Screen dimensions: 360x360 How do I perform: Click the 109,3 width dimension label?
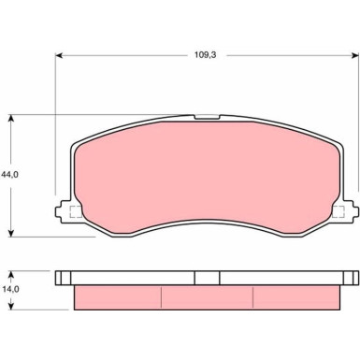205,55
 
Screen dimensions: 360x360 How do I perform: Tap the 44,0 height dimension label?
9,175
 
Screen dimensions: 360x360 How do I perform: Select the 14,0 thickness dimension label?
10,289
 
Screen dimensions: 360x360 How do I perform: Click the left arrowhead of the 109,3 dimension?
59,55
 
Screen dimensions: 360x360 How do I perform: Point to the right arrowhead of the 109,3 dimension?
354,55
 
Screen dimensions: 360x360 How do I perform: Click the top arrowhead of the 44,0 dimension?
11,119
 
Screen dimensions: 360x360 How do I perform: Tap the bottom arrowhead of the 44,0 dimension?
11,233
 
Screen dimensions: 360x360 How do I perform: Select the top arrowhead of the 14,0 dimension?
11,275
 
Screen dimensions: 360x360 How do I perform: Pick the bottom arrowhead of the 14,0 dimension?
11,306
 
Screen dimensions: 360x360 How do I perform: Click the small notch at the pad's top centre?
207,117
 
